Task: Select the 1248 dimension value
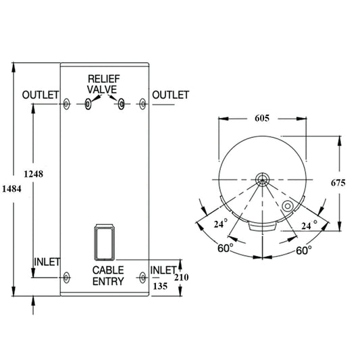[32, 174]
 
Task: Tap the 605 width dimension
[262, 118]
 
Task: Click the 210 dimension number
[182, 278]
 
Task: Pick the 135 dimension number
[161, 286]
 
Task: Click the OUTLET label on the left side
[41, 95]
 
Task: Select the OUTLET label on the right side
[170, 95]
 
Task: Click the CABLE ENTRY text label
[108, 276]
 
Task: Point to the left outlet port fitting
[66, 104]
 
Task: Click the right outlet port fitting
[142, 104]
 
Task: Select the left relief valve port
[88, 104]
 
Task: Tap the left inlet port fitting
[66, 277]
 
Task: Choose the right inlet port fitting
[142, 277]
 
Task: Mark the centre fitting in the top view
[262, 180]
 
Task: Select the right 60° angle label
[304, 249]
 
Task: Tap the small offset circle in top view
[288, 205]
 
